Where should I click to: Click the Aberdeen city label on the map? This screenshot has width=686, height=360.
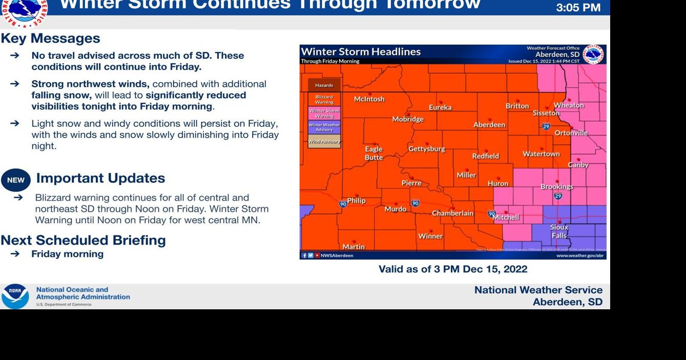(x=489, y=125)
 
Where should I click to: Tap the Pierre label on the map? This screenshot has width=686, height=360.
(x=411, y=183)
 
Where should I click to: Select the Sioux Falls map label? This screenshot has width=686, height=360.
(x=559, y=231)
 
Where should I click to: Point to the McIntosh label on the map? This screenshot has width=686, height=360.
(x=369, y=99)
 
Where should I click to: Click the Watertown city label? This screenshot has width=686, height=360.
(x=541, y=154)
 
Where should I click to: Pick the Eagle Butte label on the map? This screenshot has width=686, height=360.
(x=373, y=154)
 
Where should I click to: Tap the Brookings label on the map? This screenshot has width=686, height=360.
(x=557, y=187)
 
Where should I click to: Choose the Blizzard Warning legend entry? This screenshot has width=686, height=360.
(x=324, y=99)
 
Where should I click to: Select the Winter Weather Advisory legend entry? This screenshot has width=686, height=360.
(x=324, y=127)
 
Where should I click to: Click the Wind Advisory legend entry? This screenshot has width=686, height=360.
(x=324, y=141)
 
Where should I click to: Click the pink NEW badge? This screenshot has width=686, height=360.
(x=16, y=180)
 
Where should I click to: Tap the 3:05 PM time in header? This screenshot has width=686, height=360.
(x=578, y=8)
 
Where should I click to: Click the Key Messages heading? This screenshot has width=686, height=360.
(x=50, y=38)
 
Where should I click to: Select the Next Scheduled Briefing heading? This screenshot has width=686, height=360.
(x=83, y=240)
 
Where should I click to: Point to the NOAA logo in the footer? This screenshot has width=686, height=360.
(x=15, y=296)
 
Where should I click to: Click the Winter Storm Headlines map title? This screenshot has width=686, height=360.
(x=361, y=52)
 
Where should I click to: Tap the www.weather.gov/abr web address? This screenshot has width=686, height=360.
(x=579, y=255)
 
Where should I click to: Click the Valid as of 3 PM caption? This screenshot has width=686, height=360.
(x=452, y=269)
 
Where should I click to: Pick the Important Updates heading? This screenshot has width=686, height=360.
(x=100, y=178)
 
